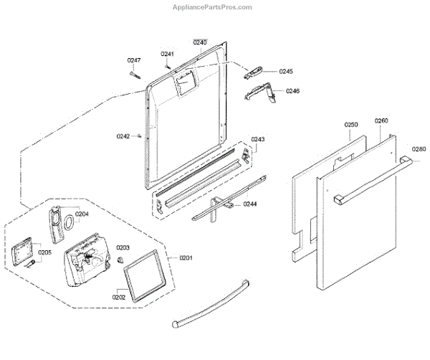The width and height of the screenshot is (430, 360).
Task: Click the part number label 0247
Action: click(x=134, y=60)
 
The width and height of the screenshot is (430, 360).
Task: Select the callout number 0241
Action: click(x=167, y=55)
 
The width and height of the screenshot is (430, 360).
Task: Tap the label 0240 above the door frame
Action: click(x=200, y=43)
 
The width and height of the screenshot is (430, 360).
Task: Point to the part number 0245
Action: click(x=286, y=72)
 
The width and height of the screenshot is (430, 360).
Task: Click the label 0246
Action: click(x=292, y=91)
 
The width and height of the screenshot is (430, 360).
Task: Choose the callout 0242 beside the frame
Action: click(x=123, y=136)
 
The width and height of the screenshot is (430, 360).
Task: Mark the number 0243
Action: click(x=258, y=139)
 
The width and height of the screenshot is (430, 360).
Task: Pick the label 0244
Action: click(x=250, y=204)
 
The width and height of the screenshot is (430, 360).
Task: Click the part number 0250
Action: click(x=350, y=125)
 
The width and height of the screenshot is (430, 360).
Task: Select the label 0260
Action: click(x=381, y=120)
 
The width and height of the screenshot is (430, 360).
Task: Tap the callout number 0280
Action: click(x=419, y=149)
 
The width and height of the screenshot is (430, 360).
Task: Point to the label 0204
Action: click(x=82, y=214)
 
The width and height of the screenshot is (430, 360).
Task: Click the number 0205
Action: click(x=44, y=252)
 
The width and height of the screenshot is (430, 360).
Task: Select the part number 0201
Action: click(x=186, y=257)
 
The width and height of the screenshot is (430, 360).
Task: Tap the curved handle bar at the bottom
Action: click(x=211, y=301)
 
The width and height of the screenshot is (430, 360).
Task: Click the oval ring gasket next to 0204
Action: click(x=67, y=223)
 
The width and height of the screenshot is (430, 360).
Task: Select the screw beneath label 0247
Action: click(x=135, y=73)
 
